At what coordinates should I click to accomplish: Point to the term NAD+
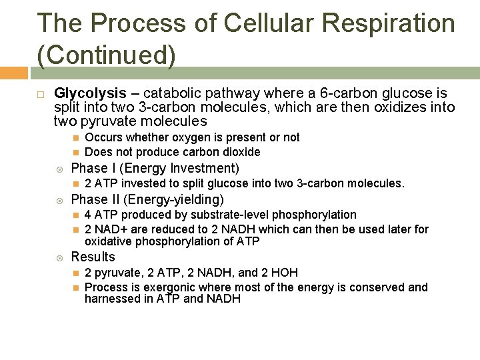click(107, 229)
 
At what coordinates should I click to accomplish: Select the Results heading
click(93, 257)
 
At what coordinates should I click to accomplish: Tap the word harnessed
click(111, 299)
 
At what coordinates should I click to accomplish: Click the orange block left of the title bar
click(13, 72)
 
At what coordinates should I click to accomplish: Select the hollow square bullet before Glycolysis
click(41, 93)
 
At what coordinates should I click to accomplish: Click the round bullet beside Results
click(59, 257)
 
